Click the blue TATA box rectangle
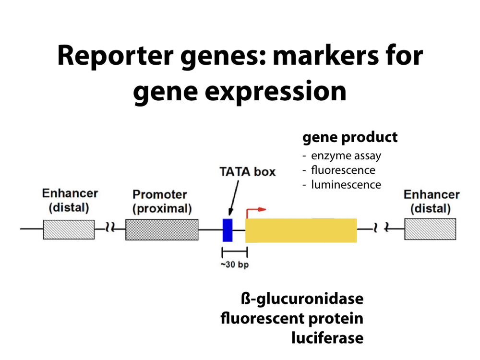(228, 230)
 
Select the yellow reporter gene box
(301, 230)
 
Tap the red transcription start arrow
(255, 211)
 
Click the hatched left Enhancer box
(69, 229)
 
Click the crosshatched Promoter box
(162, 229)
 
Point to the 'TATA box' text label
(248, 171)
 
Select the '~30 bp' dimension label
(235, 264)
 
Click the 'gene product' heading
(350, 137)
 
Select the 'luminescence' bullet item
(346, 184)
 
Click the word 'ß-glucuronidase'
(302, 299)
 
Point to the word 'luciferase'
(327, 337)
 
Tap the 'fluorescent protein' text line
(292, 318)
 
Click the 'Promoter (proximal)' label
(162, 202)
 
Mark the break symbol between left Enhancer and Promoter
(110, 229)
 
